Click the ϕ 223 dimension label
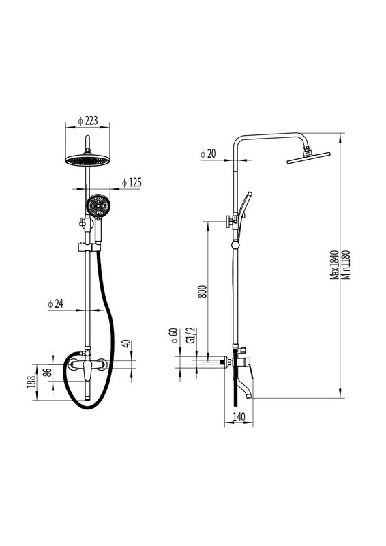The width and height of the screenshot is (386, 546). click(x=88, y=121)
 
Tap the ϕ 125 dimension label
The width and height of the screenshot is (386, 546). click(x=132, y=182)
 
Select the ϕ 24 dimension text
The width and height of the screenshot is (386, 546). click(x=56, y=304)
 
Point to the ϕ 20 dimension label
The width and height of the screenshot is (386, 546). click(x=208, y=154)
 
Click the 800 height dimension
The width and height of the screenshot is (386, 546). click(x=203, y=291)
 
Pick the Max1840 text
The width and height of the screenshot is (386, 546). click(x=334, y=265)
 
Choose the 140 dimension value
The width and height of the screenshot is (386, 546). click(x=239, y=416)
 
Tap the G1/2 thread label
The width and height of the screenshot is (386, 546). click(x=191, y=335)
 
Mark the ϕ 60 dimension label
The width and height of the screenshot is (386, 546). click(x=174, y=335)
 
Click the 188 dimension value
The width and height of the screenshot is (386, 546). click(x=31, y=382)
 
